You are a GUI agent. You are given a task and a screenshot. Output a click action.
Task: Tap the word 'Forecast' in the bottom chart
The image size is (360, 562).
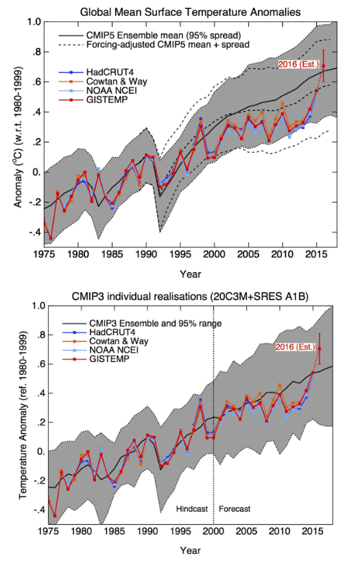(235, 509)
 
